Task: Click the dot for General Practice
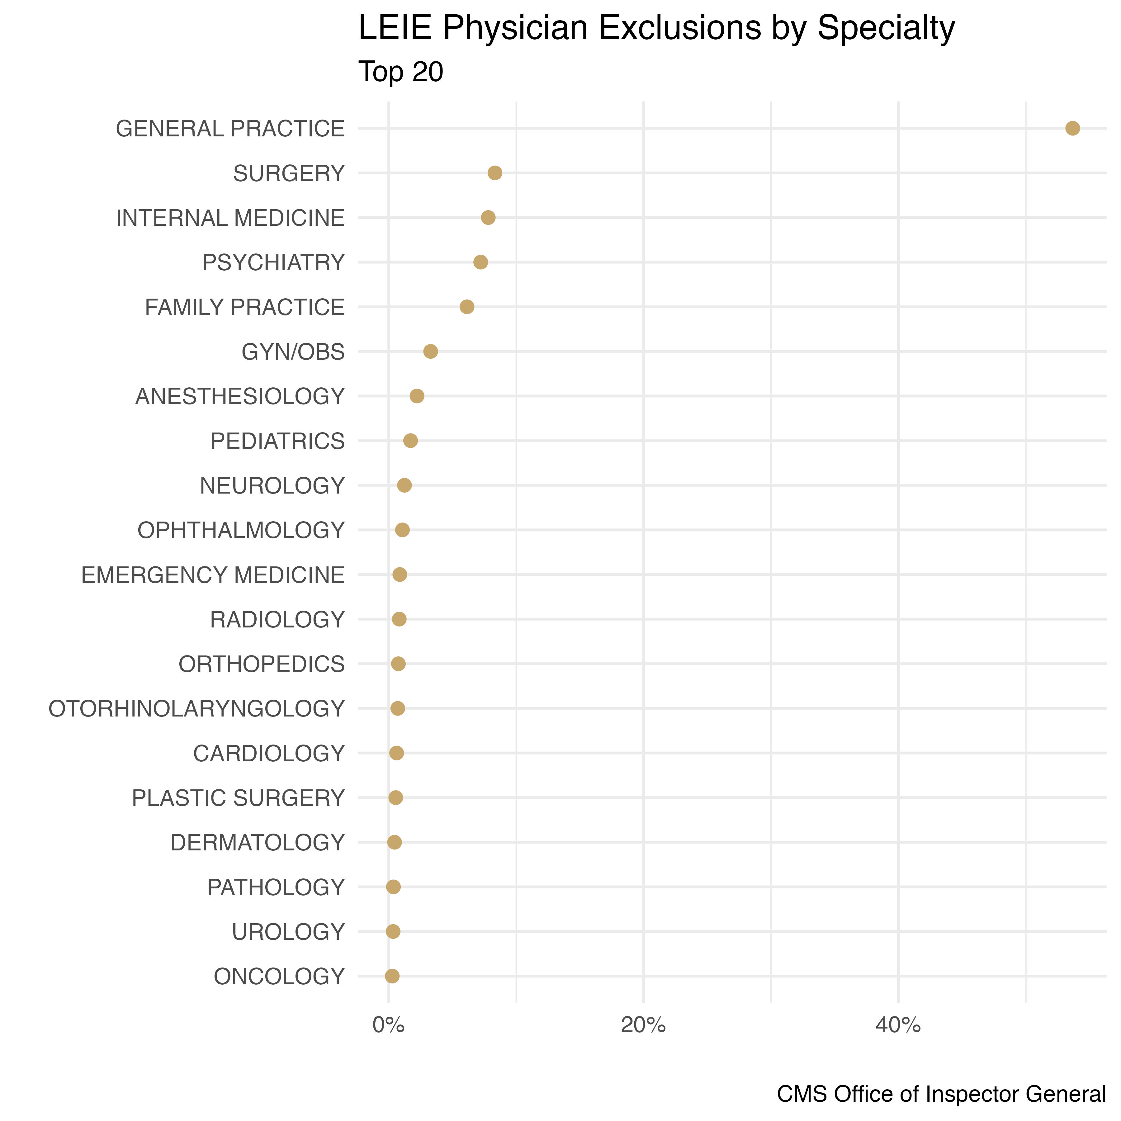[1072, 128]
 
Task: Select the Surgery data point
[495, 173]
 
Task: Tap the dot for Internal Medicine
[488, 218]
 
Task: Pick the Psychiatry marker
[480, 262]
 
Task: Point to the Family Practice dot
[466, 307]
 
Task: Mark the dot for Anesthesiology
[417, 396]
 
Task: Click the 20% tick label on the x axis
[643, 1025]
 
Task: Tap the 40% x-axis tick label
[898, 1025]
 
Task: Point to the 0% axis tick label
[388, 1025]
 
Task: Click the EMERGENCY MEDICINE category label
[213, 575]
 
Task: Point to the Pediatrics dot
[410, 441]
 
